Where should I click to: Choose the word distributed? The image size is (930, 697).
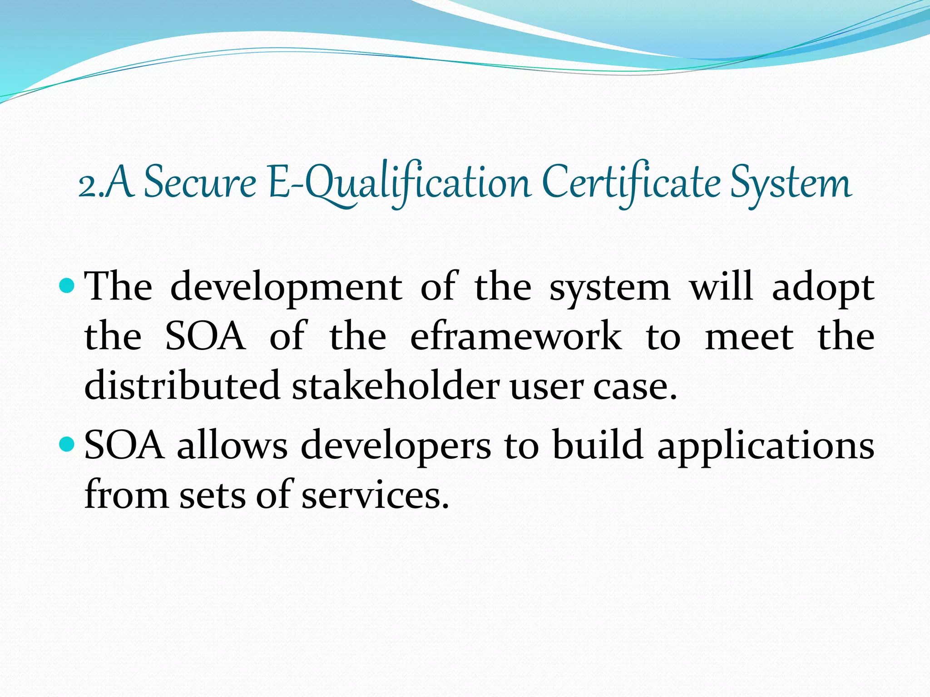(x=182, y=385)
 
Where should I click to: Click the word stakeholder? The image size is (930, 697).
(x=396, y=385)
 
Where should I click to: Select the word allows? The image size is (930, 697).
(x=232, y=446)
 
